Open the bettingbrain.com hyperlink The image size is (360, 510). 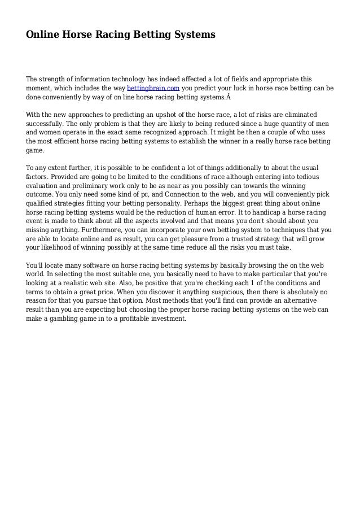tap(153, 89)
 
